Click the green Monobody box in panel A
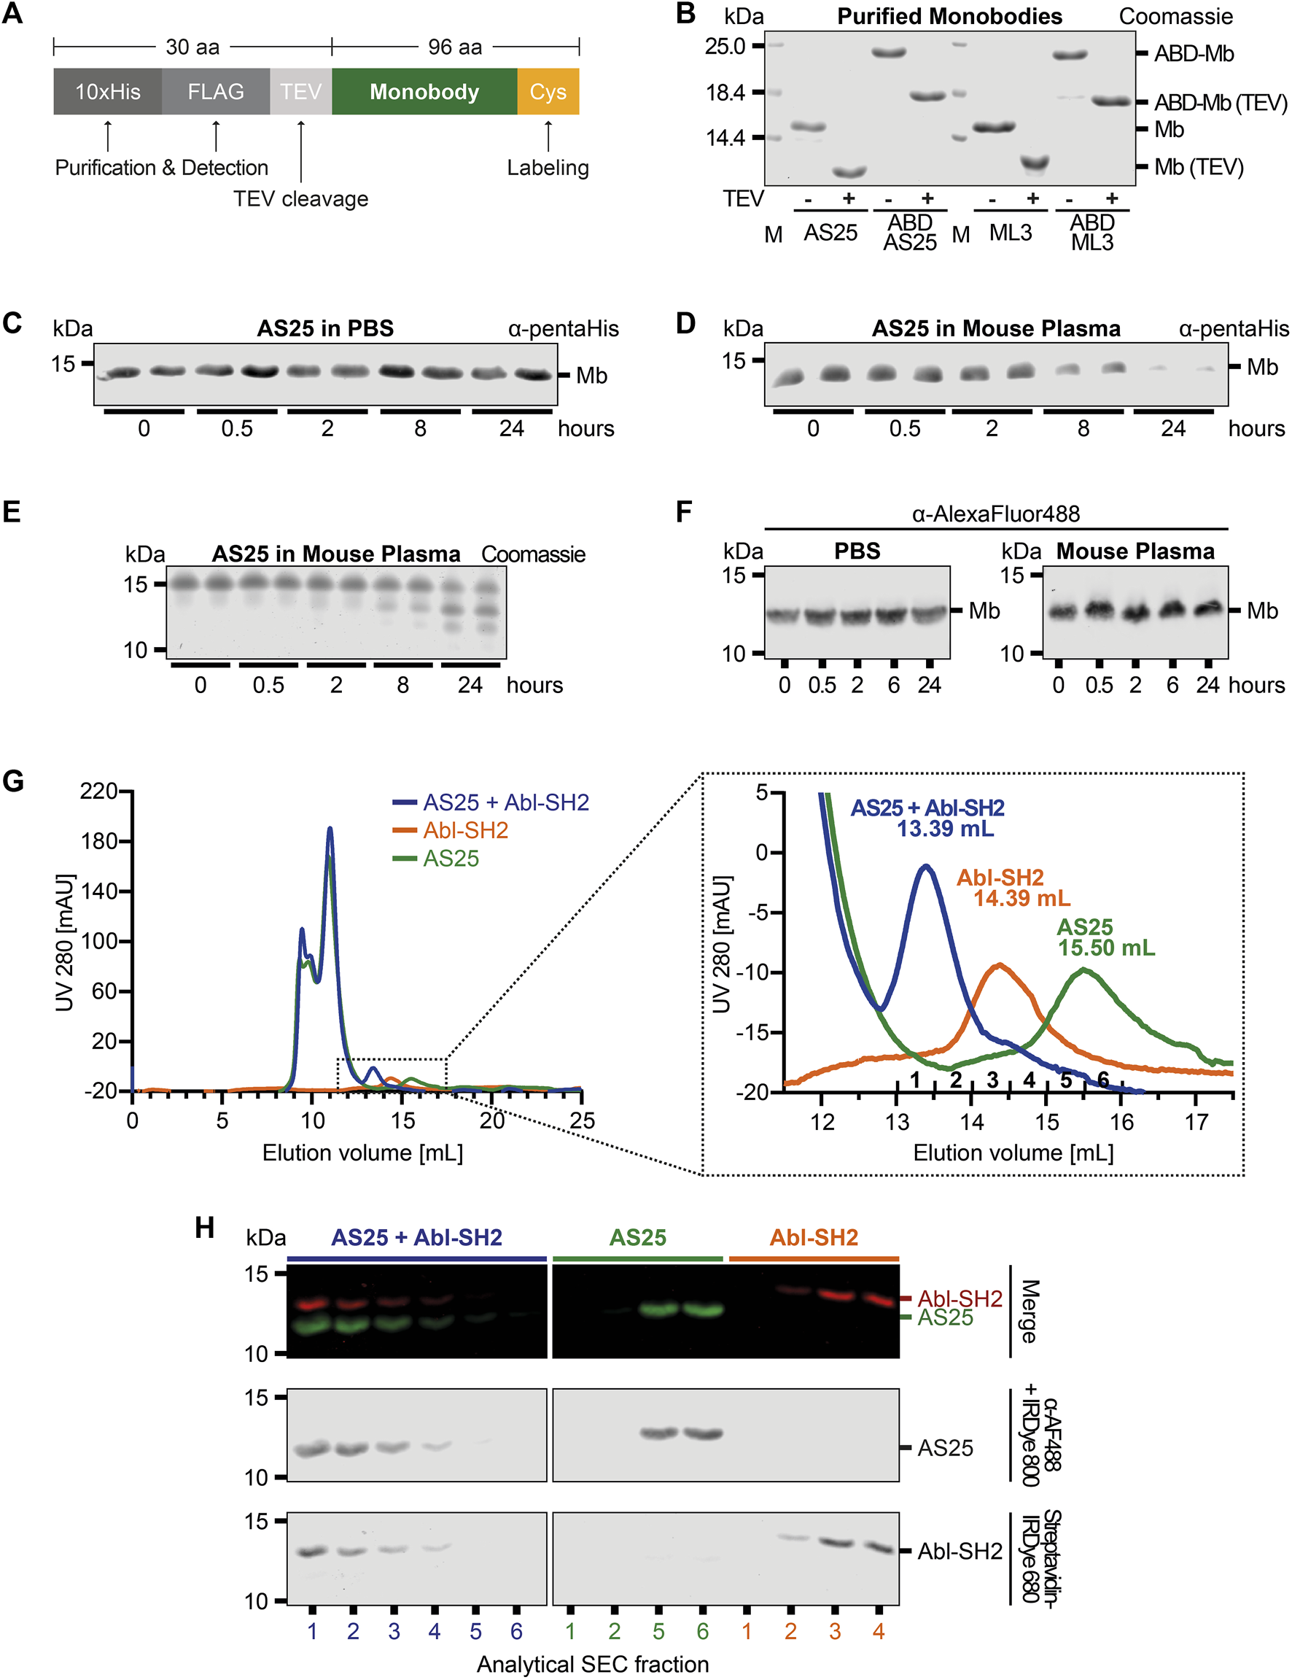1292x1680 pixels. (x=424, y=91)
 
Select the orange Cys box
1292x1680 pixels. (x=548, y=91)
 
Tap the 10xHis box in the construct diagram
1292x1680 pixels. (x=108, y=91)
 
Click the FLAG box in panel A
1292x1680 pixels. (x=215, y=91)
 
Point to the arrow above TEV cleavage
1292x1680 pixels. (x=300, y=151)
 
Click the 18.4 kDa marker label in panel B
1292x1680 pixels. (x=725, y=93)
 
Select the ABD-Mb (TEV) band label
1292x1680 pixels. (x=1220, y=102)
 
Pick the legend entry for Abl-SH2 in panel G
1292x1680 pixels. (x=464, y=830)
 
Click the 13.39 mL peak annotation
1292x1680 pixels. (x=944, y=829)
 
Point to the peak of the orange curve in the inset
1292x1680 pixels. (x=999, y=964)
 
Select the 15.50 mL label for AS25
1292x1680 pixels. (x=1106, y=948)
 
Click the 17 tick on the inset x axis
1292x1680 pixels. (x=1196, y=1122)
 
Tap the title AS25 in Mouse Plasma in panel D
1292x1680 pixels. (x=995, y=328)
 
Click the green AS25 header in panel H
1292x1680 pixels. (x=637, y=1238)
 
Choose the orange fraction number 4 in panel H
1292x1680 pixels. (x=879, y=1632)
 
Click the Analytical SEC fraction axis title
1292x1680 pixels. (x=592, y=1664)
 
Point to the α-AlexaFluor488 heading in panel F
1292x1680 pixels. (x=995, y=513)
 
